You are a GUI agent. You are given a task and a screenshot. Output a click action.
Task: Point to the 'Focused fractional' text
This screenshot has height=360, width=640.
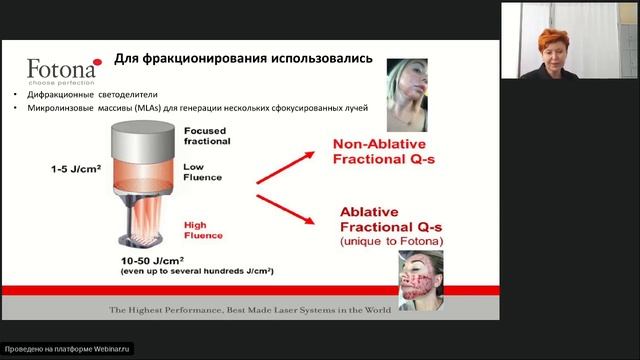tap(208, 136)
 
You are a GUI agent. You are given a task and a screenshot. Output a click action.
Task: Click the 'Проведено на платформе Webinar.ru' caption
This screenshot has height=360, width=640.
tap(68, 349)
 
